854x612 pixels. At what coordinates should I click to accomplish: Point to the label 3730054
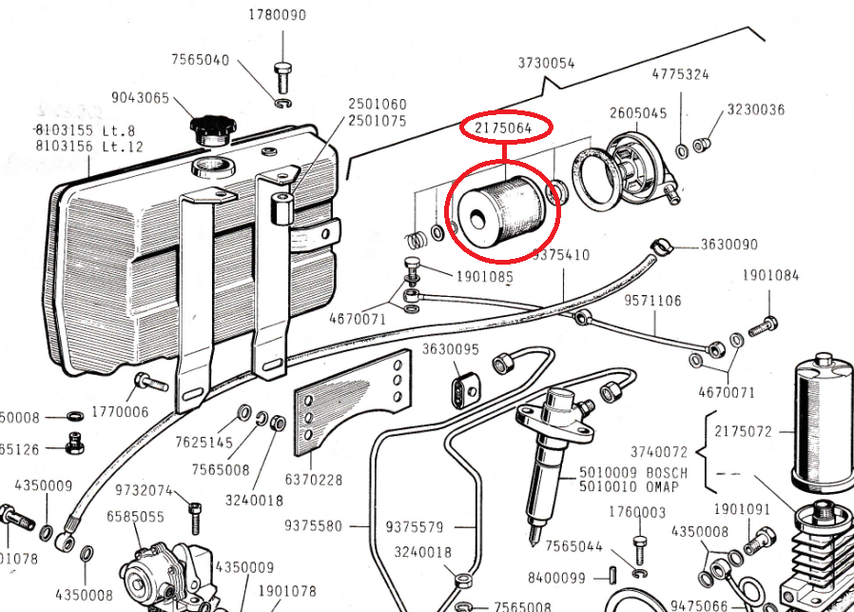pyautogui.click(x=546, y=64)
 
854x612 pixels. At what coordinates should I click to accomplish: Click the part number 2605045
pyautogui.click(x=638, y=113)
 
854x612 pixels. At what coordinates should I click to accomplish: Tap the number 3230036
pyautogui.click(x=756, y=109)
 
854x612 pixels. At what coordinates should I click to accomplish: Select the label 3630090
pyautogui.click(x=729, y=245)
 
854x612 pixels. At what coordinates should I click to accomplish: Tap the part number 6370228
pyautogui.click(x=313, y=481)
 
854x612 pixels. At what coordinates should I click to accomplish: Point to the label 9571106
pyautogui.click(x=652, y=301)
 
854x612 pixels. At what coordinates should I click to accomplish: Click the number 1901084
pyautogui.click(x=770, y=276)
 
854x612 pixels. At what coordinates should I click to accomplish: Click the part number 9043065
pyautogui.click(x=140, y=98)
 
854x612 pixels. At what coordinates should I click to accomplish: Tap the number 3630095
pyautogui.click(x=451, y=349)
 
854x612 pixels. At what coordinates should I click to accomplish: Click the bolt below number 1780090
pyautogui.click(x=281, y=72)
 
